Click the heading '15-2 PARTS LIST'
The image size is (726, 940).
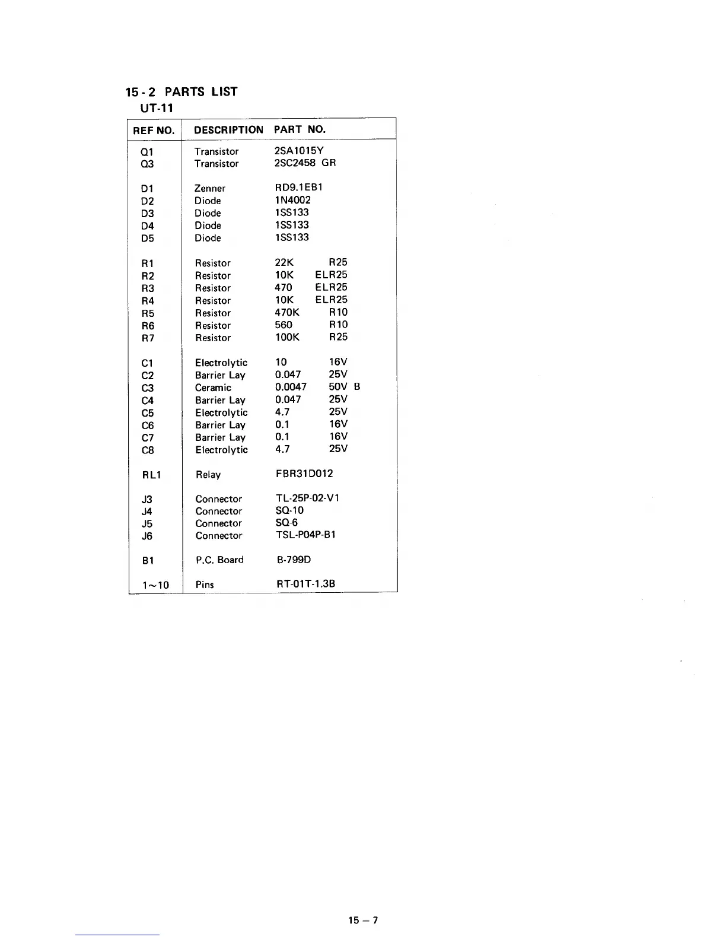coord(181,92)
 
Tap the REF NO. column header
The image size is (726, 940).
coord(154,131)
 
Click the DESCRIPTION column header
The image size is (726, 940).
coord(228,130)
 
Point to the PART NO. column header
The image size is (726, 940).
coord(300,129)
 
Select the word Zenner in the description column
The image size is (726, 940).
coord(209,189)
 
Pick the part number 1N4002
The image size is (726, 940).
coord(292,200)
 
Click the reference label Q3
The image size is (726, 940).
coord(147,164)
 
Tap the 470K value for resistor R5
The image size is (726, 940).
coord(287,312)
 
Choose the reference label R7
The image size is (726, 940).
coord(148,338)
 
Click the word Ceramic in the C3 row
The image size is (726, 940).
coord(213,388)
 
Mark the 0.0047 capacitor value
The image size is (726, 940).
coord(291,387)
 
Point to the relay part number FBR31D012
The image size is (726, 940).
coord(304,474)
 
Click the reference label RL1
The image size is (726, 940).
coord(151,475)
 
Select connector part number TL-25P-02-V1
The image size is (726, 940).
coord(308,498)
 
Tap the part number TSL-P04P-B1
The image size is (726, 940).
coord(305,535)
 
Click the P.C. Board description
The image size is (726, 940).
coord(219,560)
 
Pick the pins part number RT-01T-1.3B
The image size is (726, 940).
coord(305,583)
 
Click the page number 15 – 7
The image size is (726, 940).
coord(363,920)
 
